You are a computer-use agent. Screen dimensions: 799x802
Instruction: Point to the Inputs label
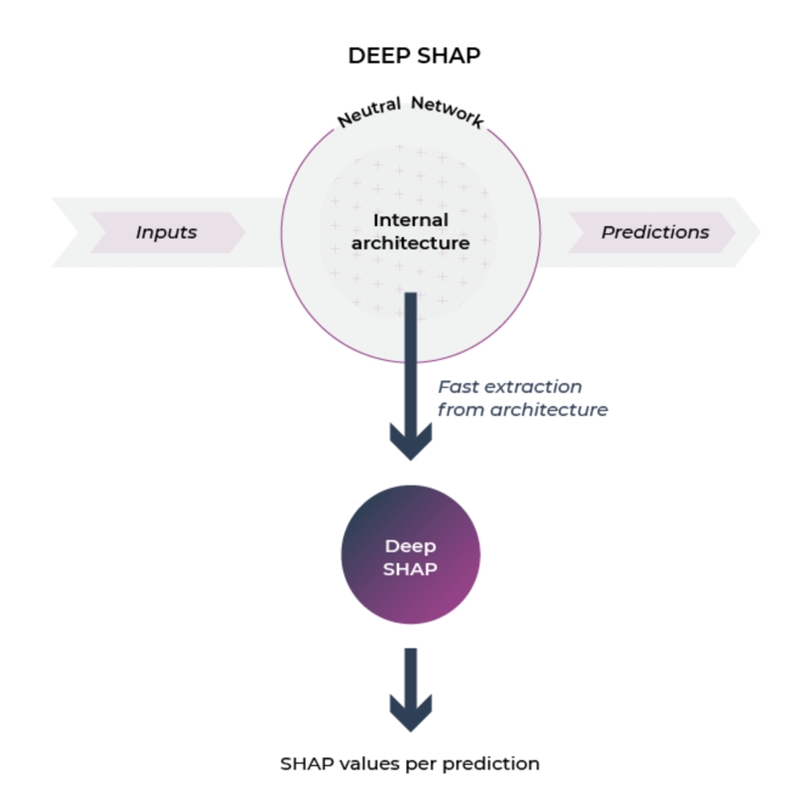(x=167, y=232)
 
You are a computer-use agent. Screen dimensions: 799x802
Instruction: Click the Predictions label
(x=655, y=232)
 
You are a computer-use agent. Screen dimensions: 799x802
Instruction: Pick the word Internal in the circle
(x=410, y=219)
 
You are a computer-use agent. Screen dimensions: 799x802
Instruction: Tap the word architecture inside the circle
(x=410, y=242)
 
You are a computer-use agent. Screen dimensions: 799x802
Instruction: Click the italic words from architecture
(x=522, y=410)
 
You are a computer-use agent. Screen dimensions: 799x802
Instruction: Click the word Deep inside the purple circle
(x=410, y=546)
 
